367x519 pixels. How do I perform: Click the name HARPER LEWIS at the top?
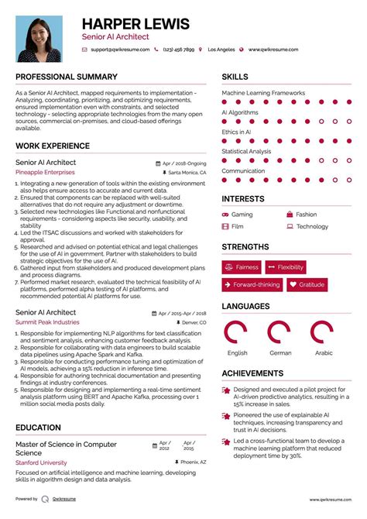tap(135, 24)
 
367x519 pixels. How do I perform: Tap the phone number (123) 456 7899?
tap(180, 50)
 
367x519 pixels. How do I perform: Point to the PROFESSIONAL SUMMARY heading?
tap(67, 77)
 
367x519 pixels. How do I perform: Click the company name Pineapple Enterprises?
tap(46, 174)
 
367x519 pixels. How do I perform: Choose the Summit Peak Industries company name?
tap(47, 321)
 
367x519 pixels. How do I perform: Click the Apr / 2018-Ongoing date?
tap(184, 163)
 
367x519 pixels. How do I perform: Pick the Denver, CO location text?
tap(194, 321)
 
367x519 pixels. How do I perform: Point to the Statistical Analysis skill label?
tap(246, 151)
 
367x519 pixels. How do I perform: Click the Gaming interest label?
tap(242, 215)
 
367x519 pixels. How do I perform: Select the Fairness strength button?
tap(242, 267)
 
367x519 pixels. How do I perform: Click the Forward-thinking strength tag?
tap(251, 285)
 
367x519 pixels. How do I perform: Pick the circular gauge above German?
tap(280, 332)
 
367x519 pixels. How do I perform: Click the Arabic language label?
tap(323, 352)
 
